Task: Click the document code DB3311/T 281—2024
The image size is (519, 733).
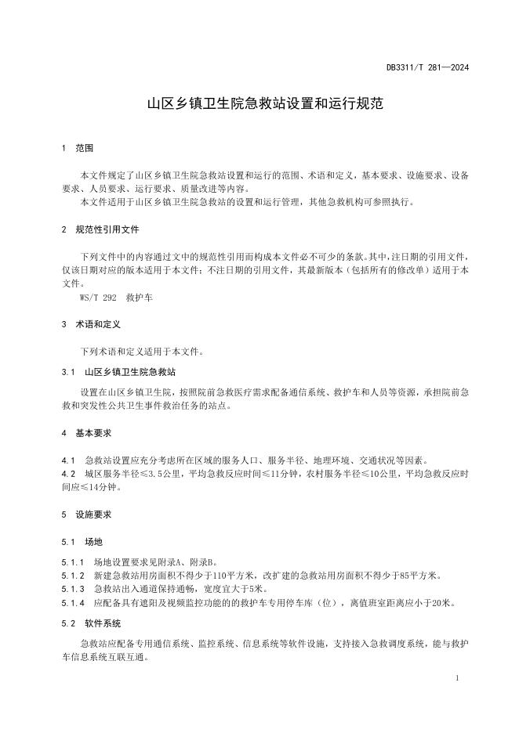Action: pos(427,67)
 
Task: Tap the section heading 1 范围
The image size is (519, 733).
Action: pos(78,147)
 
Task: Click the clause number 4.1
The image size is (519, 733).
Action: pos(67,460)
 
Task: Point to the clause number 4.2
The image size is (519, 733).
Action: pos(67,474)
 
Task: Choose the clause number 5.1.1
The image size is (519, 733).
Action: pos(71,562)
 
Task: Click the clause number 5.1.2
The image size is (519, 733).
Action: pos(71,576)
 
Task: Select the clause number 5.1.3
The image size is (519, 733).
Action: pos(71,589)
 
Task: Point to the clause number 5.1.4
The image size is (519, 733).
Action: pos(71,603)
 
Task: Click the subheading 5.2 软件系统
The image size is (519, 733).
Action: pos(91,623)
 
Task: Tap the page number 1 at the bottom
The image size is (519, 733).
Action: pos(456,678)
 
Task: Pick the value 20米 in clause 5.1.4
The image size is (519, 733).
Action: pos(444,603)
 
